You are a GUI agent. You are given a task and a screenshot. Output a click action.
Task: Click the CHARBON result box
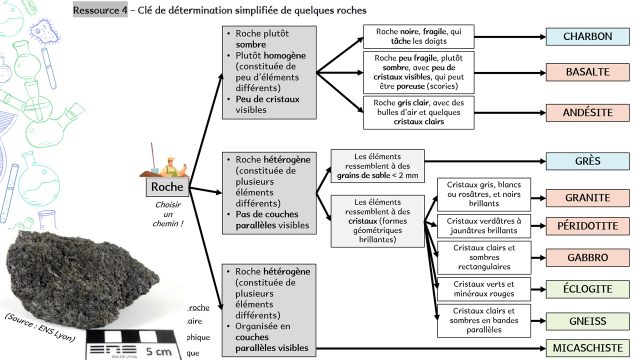pyautogui.click(x=587, y=37)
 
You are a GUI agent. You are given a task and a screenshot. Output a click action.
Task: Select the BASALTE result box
pyautogui.click(x=587, y=73)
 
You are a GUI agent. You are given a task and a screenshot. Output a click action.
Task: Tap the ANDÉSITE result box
pyautogui.click(x=587, y=113)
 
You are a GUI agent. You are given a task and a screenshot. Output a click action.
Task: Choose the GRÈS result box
pyautogui.click(x=587, y=160)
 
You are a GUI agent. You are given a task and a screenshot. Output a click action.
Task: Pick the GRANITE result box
pyautogui.click(x=587, y=196)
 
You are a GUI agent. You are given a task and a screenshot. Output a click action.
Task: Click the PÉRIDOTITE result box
pyautogui.click(x=587, y=226)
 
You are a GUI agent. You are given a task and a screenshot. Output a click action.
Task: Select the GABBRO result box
pyautogui.click(x=587, y=257)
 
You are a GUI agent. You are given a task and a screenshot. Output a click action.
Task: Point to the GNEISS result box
pyautogui.click(x=587, y=321)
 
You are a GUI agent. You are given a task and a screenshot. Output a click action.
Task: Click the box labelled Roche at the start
pyautogui.click(x=165, y=186)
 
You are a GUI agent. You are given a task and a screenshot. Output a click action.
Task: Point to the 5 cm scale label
pyautogui.click(x=157, y=351)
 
